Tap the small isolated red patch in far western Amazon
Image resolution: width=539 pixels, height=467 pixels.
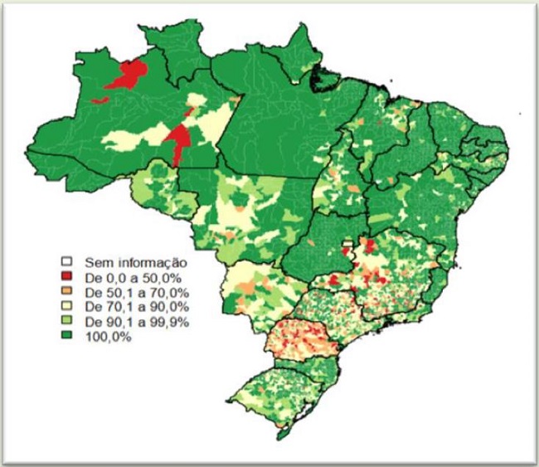tap(100, 100)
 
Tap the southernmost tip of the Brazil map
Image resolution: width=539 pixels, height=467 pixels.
tap(282, 437)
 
